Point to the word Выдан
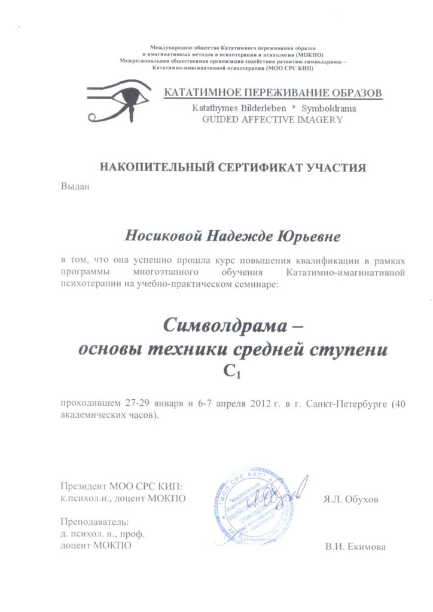click(75, 186)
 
